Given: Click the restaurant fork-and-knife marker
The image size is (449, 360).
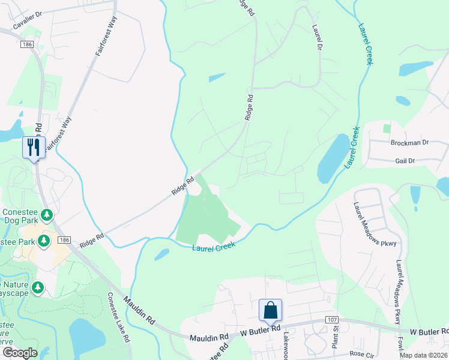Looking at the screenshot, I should coord(32,147).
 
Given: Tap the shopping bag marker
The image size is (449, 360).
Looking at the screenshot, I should coord(270,310).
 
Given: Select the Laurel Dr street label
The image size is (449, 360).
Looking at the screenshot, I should coord(318,37).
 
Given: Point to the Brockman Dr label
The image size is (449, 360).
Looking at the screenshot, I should coord(409,143).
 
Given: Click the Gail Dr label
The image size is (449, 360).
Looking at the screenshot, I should coord(405,161).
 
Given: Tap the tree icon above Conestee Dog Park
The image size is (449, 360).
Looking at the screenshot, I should coord(47,214).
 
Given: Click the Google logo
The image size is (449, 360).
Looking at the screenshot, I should coord(20,353).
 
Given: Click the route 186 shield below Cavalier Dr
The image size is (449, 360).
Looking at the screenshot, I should coord(26,44).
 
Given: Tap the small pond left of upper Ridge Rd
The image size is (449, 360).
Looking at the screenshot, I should coord(217,77).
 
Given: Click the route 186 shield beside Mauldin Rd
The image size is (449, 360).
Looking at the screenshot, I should coord(64,240).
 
